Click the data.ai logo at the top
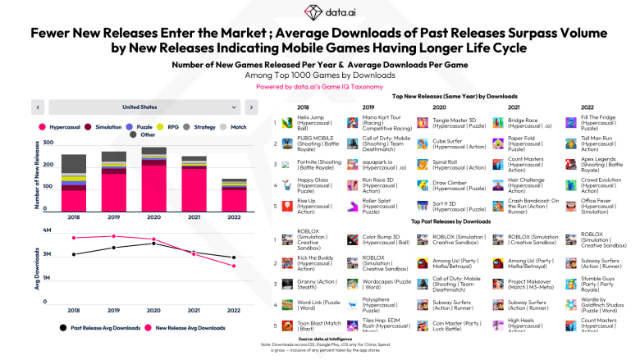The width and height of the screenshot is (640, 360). coord(319,11)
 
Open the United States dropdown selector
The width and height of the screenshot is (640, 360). coord(139,107)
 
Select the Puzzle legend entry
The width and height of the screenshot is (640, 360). coord(144,127)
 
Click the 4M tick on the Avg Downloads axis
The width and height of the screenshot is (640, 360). coord(48,230)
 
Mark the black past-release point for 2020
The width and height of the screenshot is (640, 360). coord(153,243)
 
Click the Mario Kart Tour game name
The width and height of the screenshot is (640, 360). coord(386,117)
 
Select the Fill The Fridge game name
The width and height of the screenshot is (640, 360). coord(600,117)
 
